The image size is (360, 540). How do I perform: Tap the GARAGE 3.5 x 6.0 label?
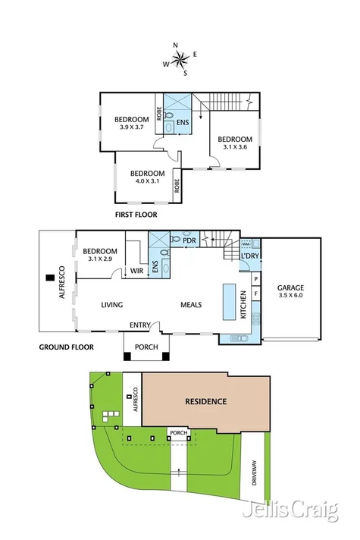tap(291, 292)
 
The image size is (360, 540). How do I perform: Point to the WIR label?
tap(136, 271)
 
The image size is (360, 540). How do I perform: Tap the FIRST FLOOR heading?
tap(136, 215)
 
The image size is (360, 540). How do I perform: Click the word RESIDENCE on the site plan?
tap(205, 401)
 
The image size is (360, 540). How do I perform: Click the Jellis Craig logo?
tap(290, 512)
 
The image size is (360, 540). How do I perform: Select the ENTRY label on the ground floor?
tap(139, 325)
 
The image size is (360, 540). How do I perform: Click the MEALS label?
tap(191, 305)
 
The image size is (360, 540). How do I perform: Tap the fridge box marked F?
tap(255, 293)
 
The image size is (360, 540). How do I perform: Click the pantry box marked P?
tap(255, 280)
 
